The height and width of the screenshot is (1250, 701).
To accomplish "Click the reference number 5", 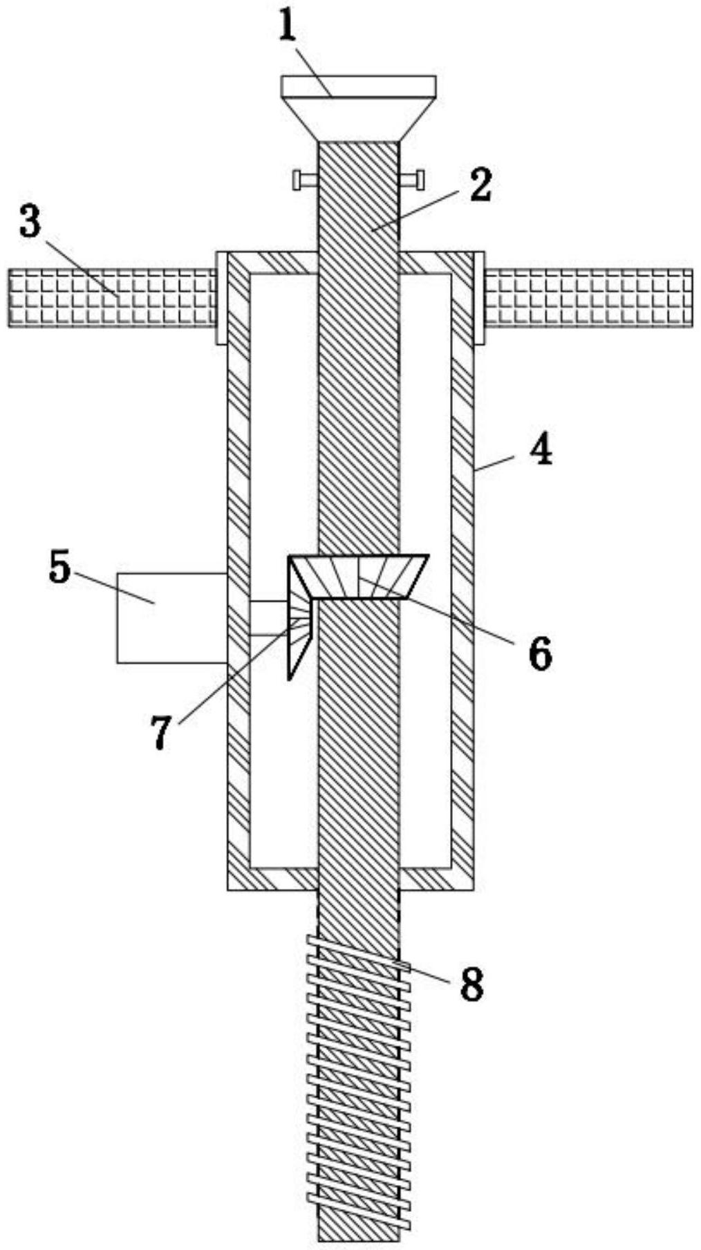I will pos(59,568).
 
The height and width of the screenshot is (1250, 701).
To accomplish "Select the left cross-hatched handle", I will pos(111,298).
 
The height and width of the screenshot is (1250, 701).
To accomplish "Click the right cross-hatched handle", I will pos(588,298).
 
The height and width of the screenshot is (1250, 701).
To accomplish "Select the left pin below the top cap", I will pos(305,180).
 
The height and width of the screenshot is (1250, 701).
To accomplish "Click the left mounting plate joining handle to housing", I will pos(221,298).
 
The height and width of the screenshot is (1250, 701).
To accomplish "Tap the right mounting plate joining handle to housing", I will pos(478,298).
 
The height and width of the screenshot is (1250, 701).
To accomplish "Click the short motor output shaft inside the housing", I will pos(266,617).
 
